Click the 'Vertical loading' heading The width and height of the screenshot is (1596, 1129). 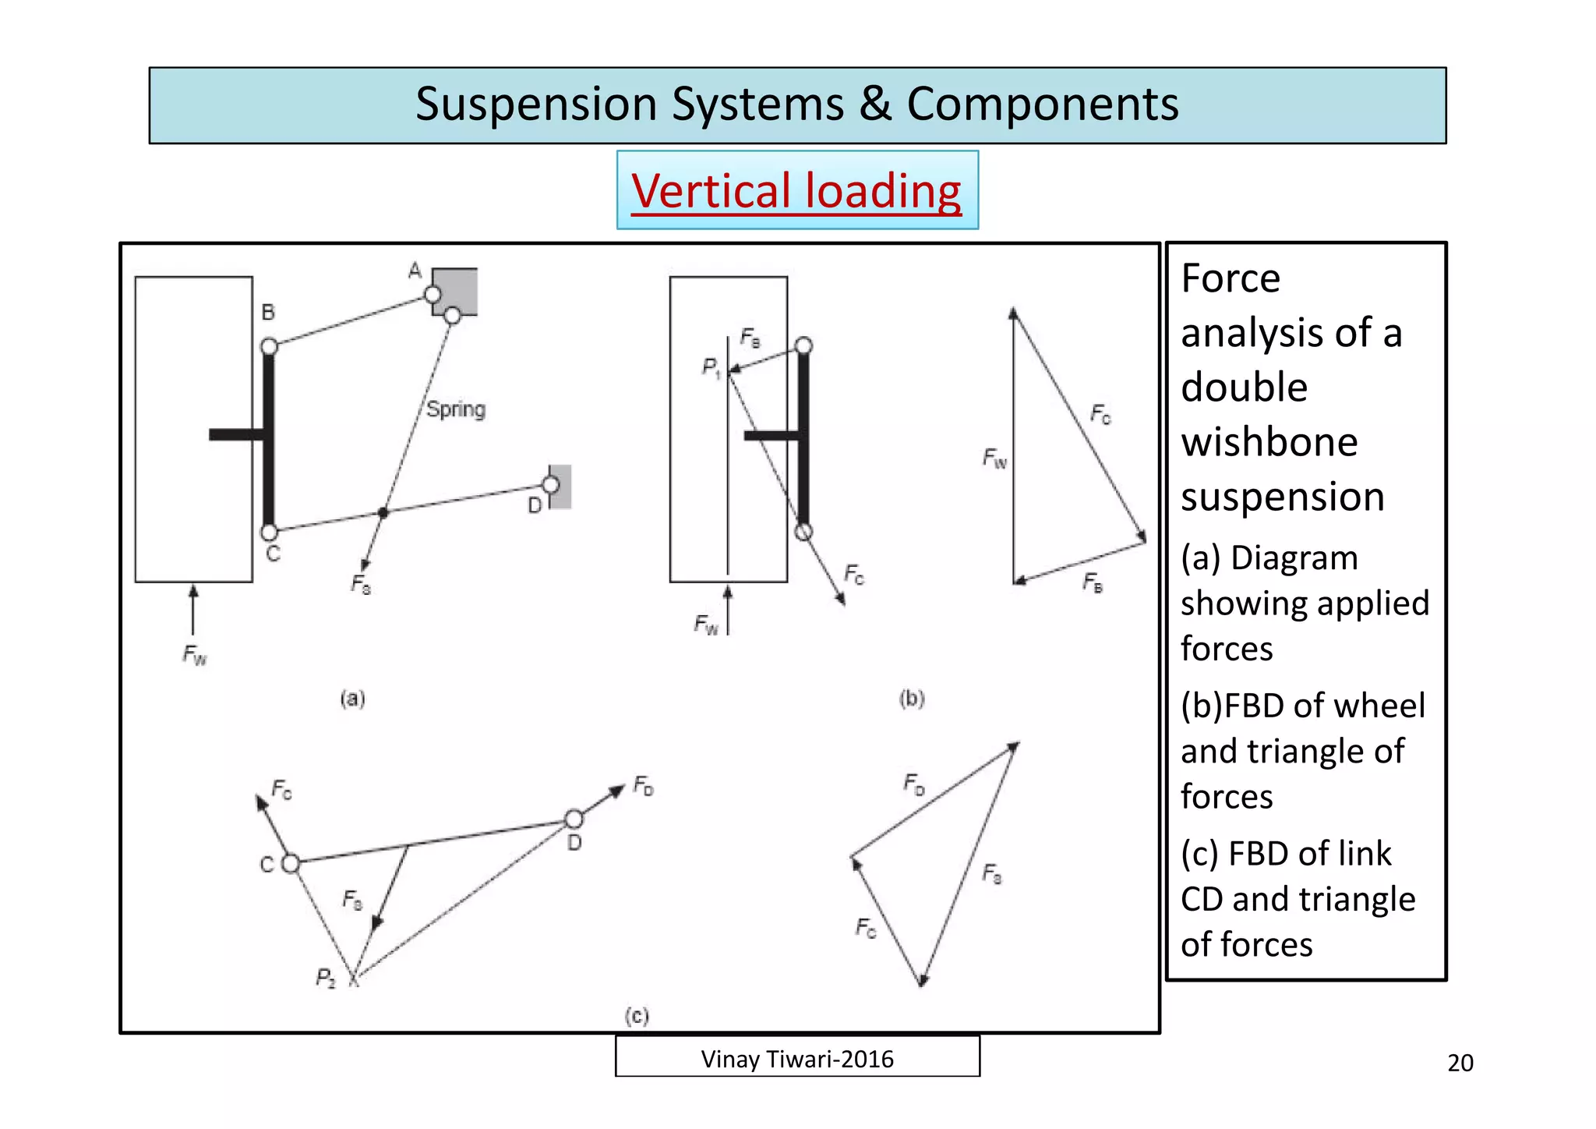tap(796, 191)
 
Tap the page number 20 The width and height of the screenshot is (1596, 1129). tap(1460, 1063)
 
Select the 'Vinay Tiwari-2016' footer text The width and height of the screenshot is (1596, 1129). tap(796, 1059)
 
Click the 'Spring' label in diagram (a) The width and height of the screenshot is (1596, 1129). tap(456, 409)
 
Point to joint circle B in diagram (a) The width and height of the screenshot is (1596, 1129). tap(270, 346)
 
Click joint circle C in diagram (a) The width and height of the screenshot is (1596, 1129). tap(270, 533)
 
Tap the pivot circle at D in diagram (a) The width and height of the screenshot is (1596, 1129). tap(551, 485)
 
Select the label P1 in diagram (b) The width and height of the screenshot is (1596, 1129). tap(711, 366)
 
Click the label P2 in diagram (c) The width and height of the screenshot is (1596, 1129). tap(326, 978)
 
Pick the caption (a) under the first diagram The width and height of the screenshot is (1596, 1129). tap(352, 698)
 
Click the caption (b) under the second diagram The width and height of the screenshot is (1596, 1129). tap(912, 698)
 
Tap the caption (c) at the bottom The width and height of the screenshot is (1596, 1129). tap(637, 1015)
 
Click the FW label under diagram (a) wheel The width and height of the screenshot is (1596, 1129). tap(195, 655)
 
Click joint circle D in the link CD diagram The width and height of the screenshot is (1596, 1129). tap(574, 819)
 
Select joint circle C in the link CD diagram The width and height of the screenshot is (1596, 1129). tap(291, 863)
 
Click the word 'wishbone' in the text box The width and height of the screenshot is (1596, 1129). tap(1269, 442)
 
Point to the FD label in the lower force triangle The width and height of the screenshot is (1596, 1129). tap(914, 783)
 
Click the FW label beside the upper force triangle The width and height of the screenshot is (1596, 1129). tap(994, 458)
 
